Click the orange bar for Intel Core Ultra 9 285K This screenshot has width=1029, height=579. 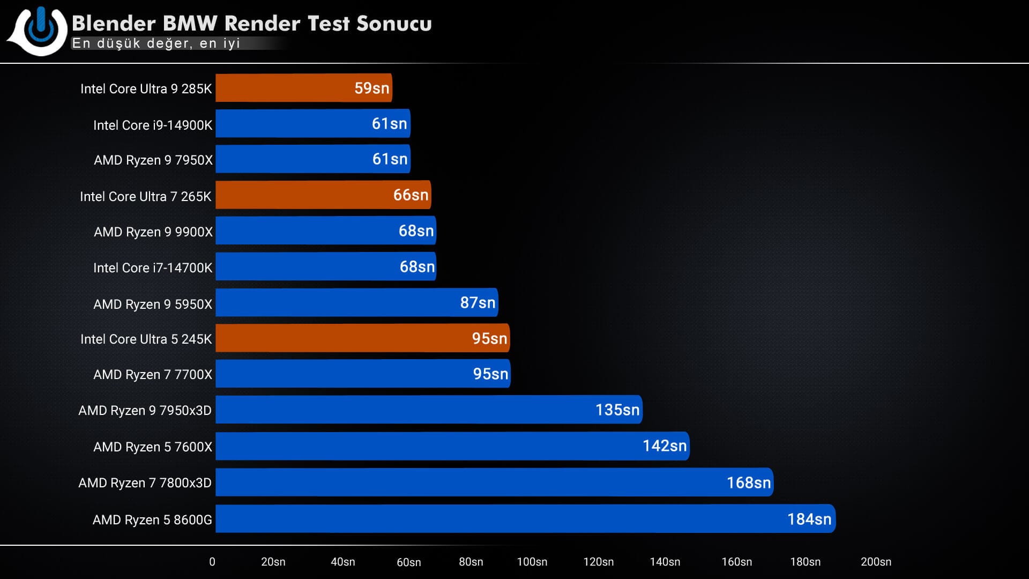click(284, 88)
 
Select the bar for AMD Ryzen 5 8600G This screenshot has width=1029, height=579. click(482, 519)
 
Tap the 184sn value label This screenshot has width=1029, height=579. click(809, 519)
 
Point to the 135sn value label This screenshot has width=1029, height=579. click(617, 410)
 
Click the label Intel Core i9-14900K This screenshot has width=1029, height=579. click(153, 125)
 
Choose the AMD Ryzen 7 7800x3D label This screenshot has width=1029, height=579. click(145, 483)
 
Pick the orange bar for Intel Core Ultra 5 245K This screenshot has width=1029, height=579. click(343, 338)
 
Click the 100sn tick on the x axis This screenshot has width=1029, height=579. click(532, 562)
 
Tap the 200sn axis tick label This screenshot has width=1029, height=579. click(876, 562)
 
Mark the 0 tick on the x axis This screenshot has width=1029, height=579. click(212, 562)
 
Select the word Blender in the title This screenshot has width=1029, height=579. click(114, 24)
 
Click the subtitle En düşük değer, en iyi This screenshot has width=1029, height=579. click(156, 43)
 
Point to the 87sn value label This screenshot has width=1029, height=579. click(478, 303)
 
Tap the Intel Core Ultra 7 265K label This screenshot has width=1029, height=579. click(145, 197)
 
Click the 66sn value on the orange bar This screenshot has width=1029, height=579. click(411, 195)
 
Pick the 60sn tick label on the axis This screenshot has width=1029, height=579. click(408, 562)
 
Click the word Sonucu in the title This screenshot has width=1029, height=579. click(394, 24)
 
